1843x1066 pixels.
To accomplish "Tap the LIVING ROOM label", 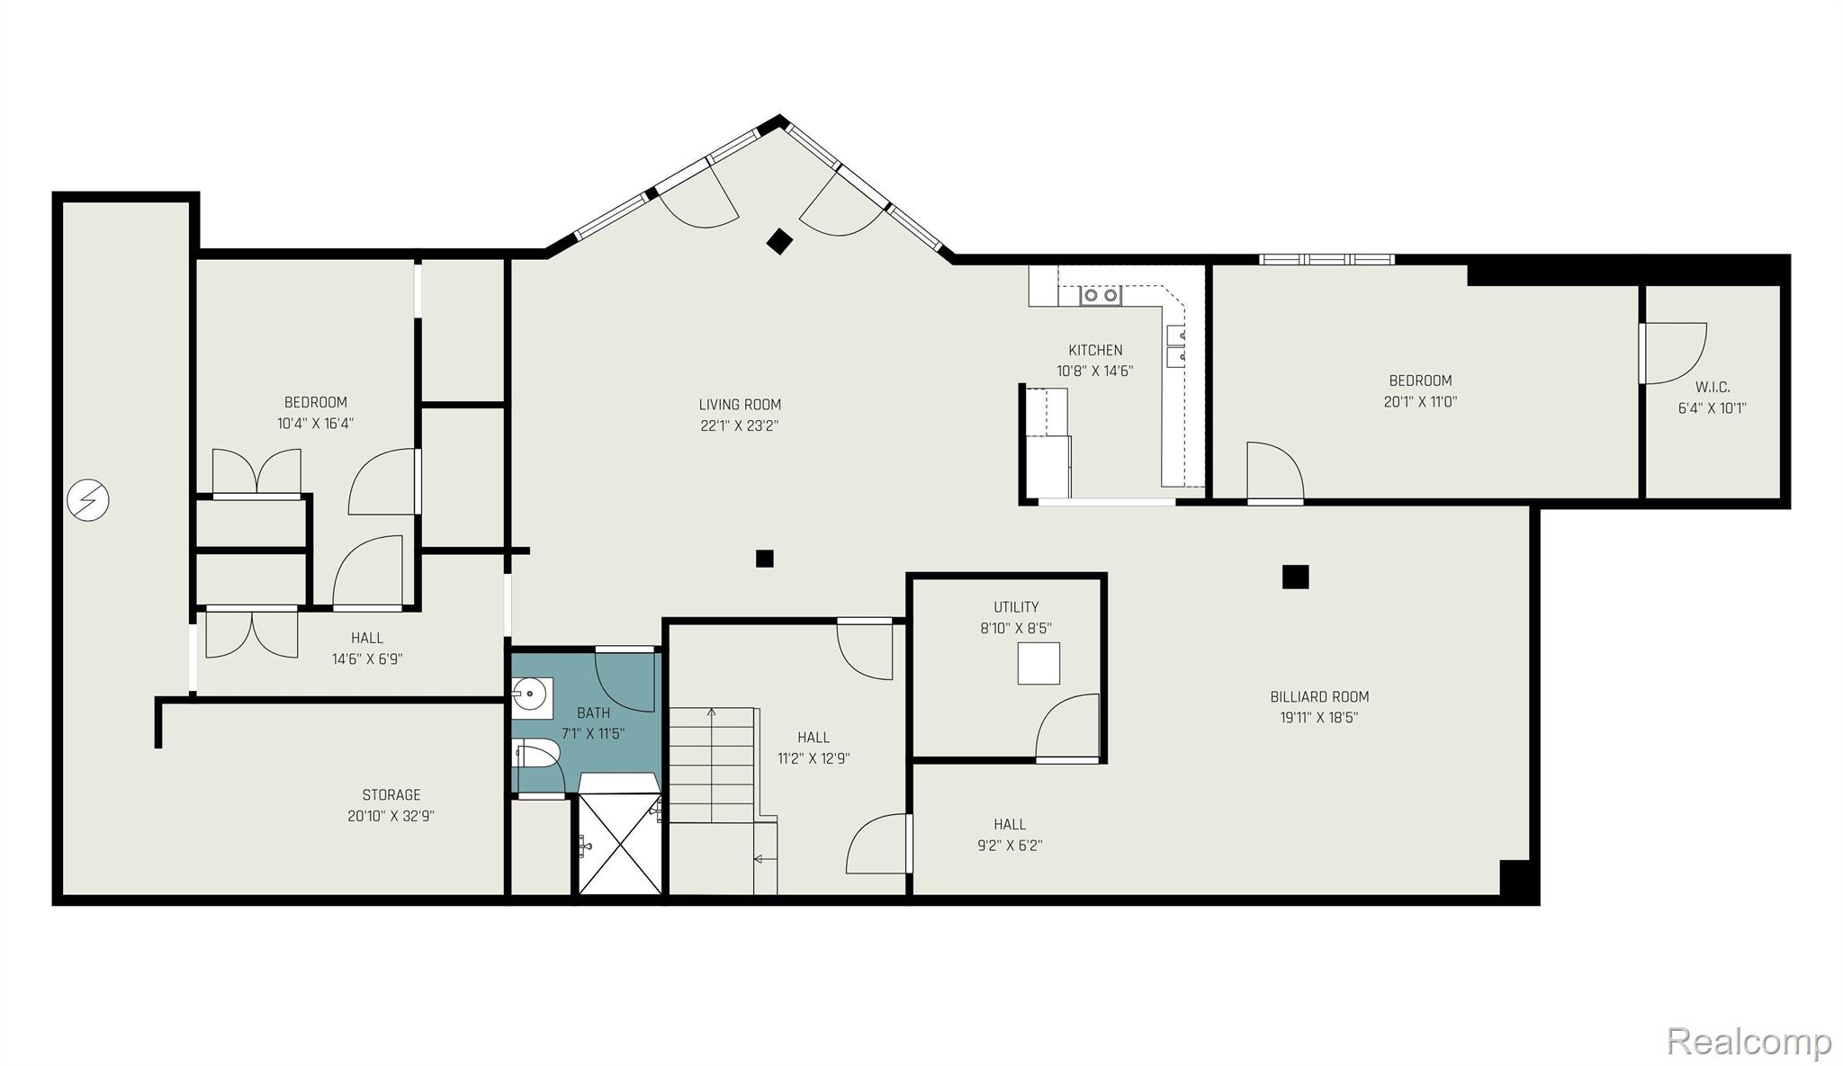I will [740, 405].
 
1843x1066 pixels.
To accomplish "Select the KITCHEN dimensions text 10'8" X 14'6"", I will [1094, 371].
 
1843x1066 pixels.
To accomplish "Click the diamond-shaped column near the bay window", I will [779, 241].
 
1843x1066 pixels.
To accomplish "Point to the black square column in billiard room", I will [1295, 577].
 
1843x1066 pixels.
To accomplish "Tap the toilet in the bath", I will [538, 754].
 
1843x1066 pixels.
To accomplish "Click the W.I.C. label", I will [1712, 387].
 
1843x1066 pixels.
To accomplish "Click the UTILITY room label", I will [1016, 607].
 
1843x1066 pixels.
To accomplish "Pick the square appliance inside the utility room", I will [1038, 664].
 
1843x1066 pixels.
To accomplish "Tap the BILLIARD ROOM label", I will [1319, 696].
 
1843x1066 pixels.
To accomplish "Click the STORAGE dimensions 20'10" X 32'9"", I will [391, 816].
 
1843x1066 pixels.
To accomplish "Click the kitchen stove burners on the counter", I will [1101, 294].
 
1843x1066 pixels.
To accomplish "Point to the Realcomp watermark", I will [1749, 1042].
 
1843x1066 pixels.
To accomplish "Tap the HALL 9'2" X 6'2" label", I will [1010, 834].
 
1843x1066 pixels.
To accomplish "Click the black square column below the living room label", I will [764, 559].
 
